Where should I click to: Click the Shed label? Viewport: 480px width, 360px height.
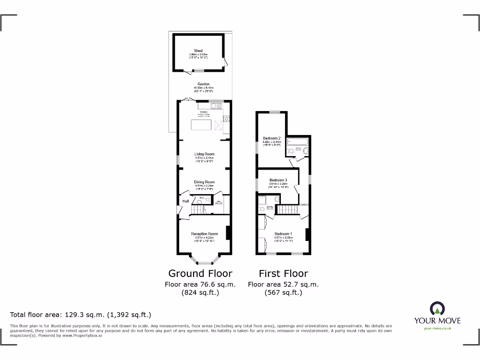click(198, 51)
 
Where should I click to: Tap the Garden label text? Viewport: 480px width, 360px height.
click(203, 84)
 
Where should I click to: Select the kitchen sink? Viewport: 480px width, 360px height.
click(217, 106)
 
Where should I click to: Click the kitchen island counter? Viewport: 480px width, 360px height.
click(201, 125)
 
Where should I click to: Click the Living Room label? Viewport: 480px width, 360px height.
click(204, 154)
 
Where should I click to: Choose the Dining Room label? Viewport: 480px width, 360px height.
click(204, 182)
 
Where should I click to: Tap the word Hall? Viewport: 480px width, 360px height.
click(186, 201)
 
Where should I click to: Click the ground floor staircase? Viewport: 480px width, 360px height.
click(204, 211)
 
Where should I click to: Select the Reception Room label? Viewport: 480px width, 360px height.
click(204, 234)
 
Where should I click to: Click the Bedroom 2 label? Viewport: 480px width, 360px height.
click(271, 138)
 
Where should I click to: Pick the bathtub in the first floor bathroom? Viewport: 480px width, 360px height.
click(299, 141)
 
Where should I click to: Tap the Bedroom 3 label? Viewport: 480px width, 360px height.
click(278, 180)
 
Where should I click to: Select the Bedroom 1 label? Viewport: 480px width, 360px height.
click(283, 234)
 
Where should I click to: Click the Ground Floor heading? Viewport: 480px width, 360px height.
click(200, 273)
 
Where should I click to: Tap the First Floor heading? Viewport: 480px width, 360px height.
click(283, 273)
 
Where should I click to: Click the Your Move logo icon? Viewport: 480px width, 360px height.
click(437, 308)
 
